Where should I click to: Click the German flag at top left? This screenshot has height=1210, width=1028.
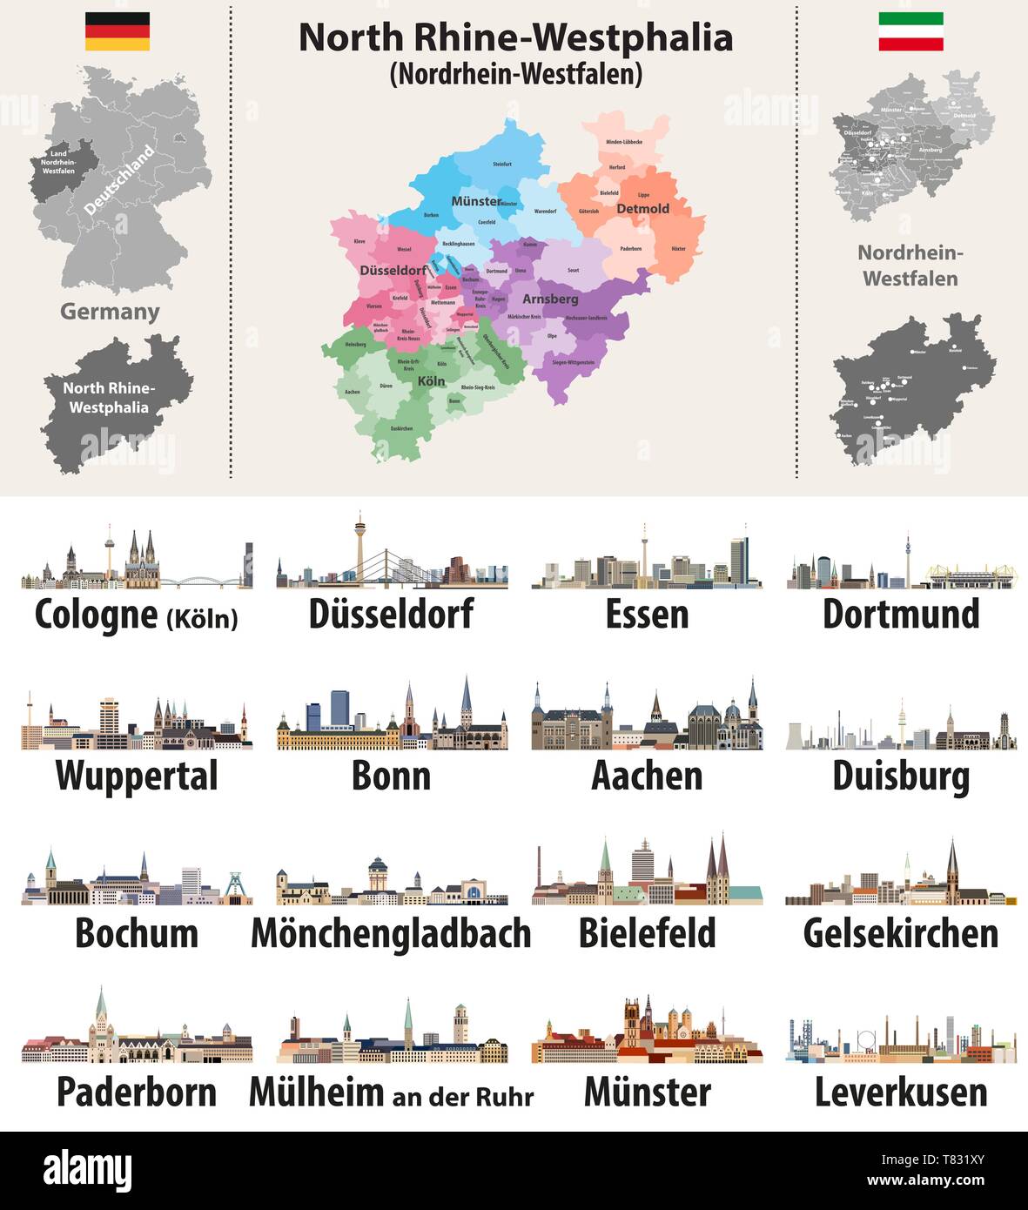pyautogui.click(x=117, y=31)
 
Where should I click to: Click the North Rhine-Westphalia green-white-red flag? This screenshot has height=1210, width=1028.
pyautogui.click(x=910, y=31)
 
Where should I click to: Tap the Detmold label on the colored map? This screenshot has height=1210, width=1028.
pyautogui.click(x=642, y=209)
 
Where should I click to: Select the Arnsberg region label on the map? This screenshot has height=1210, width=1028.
pyautogui.click(x=550, y=299)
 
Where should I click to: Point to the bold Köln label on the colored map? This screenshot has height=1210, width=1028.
pyautogui.click(x=431, y=381)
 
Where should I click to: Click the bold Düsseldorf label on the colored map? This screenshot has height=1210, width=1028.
pyautogui.click(x=393, y=270)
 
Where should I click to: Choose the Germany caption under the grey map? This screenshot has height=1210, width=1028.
pyautogui.click(x=110, y=312)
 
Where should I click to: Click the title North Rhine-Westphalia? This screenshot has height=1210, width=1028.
pyautogui.click(x=515, y=37)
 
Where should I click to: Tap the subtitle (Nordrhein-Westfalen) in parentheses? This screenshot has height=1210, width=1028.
pyautogui.click(x=515, y=74)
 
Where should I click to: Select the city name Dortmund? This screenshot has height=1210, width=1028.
pyautogui.click(x=901, y=614)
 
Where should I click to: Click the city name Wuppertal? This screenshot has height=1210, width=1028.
pyautogui.click(x=137, y=776)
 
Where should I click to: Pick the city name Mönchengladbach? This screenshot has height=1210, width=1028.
pyautogui.click(x=391, y=933)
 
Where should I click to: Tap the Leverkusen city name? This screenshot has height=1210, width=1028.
pyautogui.click(x=901, y=1092)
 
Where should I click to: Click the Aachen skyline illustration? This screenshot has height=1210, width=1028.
pyautogui.click(x=647, y=718)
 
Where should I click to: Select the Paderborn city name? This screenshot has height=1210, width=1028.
pyautogui.click(x=137, y=1092)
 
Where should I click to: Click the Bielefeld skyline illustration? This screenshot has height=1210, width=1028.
pyautogui.click(x=647, y=875)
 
